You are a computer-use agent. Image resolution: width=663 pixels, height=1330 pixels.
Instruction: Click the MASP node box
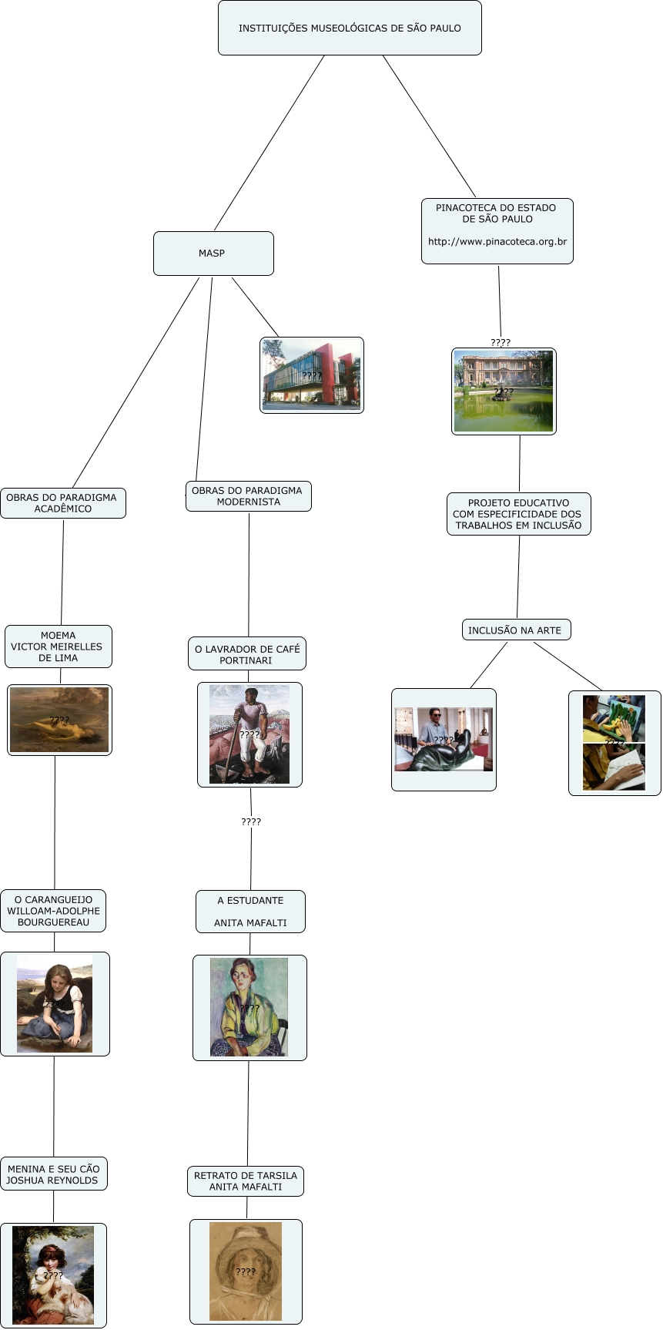[213, 254]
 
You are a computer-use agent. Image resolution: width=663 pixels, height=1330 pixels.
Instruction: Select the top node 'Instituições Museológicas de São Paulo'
[350, 29]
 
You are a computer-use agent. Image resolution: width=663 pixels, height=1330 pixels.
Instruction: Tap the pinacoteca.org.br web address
[497, 242]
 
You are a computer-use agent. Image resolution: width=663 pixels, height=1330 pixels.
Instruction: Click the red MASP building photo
[312, 375]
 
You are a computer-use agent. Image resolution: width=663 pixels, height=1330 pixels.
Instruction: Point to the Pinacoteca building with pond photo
[504, 391]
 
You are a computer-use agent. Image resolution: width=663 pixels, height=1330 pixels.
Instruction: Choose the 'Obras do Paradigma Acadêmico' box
[62, 503]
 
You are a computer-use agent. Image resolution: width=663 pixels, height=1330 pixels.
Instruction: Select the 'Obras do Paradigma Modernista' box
[248, 496]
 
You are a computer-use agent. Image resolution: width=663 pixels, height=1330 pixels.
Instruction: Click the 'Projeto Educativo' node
[518, 514]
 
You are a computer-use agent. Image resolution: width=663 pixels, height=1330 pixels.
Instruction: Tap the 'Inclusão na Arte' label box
[516, 630]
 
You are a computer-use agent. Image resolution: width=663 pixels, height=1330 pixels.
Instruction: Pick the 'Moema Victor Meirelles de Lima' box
[59, 647]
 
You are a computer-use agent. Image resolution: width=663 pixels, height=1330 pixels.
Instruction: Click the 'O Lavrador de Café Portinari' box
[247, 654]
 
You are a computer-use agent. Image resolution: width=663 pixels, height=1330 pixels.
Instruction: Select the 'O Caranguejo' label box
[53, 911]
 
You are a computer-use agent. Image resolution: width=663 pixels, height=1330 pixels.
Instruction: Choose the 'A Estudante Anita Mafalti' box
[250, 912]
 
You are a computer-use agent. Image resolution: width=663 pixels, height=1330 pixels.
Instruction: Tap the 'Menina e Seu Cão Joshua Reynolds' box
[53, 1174]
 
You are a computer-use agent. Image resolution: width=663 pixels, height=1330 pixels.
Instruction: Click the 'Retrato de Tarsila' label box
[246, 1181]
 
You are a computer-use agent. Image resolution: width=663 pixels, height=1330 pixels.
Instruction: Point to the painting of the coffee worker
[249, 734]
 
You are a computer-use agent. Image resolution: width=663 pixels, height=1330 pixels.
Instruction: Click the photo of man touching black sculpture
[444, 740]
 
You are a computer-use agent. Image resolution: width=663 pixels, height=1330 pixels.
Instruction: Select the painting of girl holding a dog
[53, 1275]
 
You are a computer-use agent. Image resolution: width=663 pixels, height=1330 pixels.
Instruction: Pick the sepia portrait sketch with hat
[246, 1271]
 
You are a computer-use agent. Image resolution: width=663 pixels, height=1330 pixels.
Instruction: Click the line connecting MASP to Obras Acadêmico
[136, 383]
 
